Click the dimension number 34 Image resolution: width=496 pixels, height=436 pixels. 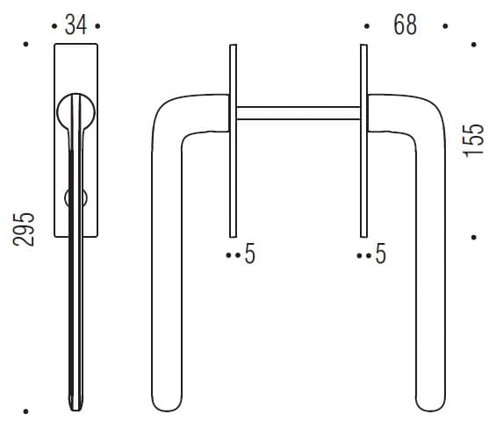click(75, 25)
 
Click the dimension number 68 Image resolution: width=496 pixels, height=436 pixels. click(406, 25)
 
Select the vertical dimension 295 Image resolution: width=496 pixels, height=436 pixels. click(24, 230)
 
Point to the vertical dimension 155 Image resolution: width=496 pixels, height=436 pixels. click(473, 139)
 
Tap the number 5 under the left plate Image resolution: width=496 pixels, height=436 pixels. click(250, 254)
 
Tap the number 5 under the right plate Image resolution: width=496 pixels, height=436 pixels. click(381, 254)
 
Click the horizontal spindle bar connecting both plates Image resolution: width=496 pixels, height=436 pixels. click(298, 113)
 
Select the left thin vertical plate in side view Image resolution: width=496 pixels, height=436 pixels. click(233, 141)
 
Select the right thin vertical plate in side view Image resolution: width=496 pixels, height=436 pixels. click(363, 141)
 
